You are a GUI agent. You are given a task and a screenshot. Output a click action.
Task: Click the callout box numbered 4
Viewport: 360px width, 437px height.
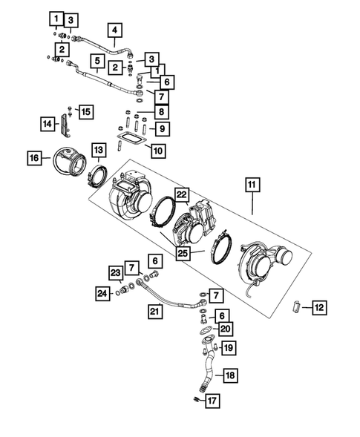[114, 30]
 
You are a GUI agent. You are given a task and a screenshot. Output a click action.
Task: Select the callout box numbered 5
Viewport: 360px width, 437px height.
[96, 59]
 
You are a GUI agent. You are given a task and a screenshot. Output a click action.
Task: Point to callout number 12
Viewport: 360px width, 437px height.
[318, 306]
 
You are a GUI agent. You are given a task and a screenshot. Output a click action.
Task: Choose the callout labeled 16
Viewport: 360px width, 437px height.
[34, 158]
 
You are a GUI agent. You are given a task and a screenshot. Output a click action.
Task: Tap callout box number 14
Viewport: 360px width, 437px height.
[47, 124]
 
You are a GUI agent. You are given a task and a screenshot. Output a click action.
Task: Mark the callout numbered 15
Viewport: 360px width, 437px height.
[86, 111]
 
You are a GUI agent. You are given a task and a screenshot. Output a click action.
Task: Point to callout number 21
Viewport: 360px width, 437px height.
[155, 310]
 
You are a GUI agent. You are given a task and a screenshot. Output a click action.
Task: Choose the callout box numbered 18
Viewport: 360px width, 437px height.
[230, 375]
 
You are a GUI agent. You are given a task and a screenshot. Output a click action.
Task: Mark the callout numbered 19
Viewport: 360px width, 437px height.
[229, 346]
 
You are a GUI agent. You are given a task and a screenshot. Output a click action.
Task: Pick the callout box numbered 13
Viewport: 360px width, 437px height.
[98, 151]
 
